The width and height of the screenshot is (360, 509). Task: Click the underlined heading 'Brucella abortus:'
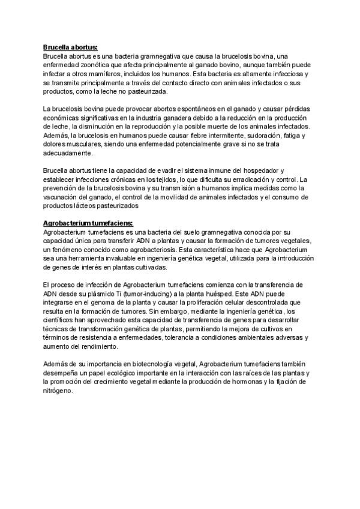70,46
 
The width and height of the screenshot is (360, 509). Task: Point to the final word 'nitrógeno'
58,391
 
